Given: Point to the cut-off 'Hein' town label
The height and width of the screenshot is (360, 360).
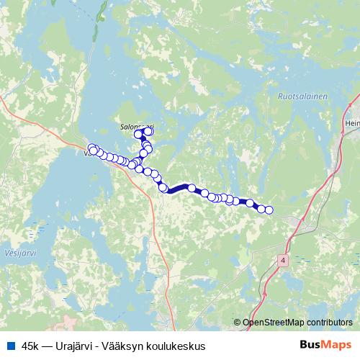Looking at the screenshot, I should (354, 123).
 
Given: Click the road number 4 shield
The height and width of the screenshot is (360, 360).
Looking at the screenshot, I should (284, 259).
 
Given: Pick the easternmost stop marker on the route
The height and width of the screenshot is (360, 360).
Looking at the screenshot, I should (269, 210).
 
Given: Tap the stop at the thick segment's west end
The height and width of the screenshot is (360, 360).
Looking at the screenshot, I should (163, 189).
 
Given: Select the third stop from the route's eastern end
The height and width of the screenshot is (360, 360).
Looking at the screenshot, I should (251, 204).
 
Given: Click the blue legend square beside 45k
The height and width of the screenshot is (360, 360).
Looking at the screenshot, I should (10, 346).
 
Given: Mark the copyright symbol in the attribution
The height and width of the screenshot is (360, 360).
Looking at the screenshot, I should (238, 323).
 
